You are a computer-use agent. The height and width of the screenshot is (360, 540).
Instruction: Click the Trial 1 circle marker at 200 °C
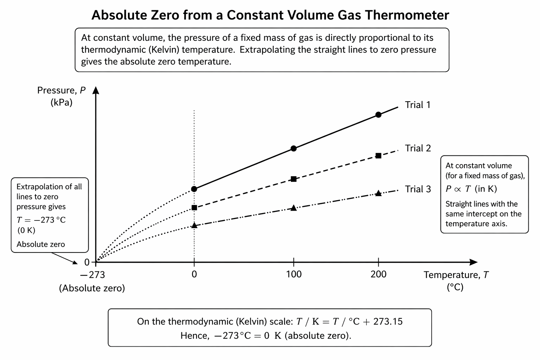pyautogui.click(x=378, y=115)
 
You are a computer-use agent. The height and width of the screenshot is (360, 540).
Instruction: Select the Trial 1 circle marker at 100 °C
pyautogui.click(x=294, y=148)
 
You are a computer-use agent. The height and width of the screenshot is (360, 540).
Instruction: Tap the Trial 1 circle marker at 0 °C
pyautogui.click(x=194, y=189)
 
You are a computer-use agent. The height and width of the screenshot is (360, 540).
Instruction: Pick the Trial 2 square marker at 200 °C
pyautogui.click(x=378, y=155)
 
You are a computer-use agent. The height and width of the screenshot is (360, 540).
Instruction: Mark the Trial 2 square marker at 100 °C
pyautogui.click(x=294, y=179)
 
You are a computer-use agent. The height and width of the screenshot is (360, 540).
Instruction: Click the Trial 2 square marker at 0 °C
pyautogui.click(x=194, y=207)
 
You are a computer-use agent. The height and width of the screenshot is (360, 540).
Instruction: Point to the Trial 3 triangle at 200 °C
pyautogui.click(x=378, y=193)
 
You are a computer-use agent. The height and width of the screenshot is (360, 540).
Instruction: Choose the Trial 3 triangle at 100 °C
pyautogui.click(x=294, y=208)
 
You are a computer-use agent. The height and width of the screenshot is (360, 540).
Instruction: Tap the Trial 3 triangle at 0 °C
pyautogui.click(x=194, y=225)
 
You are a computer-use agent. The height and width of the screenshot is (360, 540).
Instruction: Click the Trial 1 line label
pyautogui.click(x=418, y=105)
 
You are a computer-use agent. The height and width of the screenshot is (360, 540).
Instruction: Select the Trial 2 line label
pyautogui.click(x=418, y=148)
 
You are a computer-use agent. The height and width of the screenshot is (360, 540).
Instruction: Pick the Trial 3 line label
pyautogui.click(x=418, y=189)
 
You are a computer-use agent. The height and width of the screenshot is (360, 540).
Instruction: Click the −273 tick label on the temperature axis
pyautogui.click(x=92, y=275)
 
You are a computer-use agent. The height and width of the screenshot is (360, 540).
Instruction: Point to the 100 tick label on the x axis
pyautogui.click(x=294, y=274)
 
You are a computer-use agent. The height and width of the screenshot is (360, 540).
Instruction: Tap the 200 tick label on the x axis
pyautogui.click(x=378, y=274)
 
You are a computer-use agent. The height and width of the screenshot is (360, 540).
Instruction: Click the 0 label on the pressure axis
pyautogui.click(x=87, y=262)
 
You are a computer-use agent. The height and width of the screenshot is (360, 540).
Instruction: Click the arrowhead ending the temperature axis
pyautogui.click(x=474, y=262)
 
